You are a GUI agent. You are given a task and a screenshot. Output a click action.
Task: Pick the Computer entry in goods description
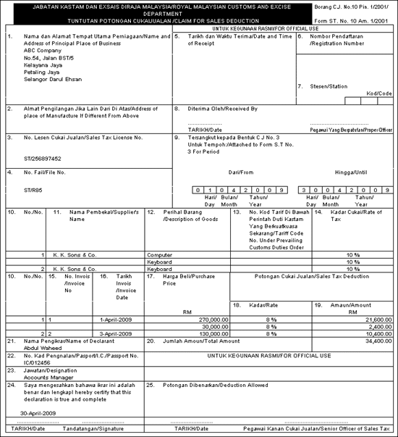pos(160,255)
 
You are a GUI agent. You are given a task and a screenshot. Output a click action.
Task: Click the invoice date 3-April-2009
pos(117,333)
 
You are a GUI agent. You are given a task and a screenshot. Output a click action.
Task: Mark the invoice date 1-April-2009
pos(117,319)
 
